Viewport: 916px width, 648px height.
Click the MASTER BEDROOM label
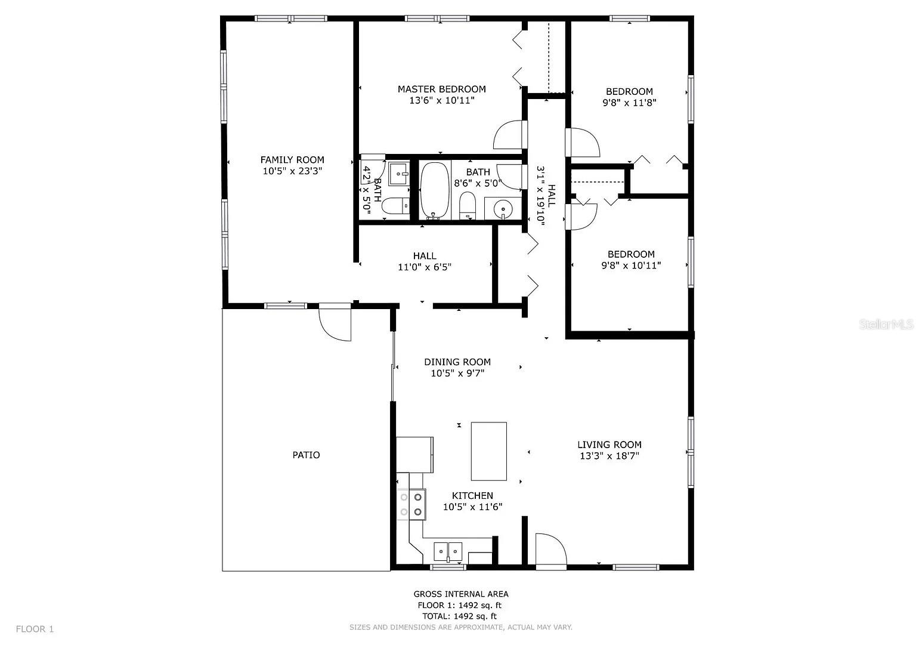point(441,90)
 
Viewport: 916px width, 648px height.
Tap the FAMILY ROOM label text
point(292,160)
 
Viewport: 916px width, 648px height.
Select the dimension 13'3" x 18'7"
point(609,456)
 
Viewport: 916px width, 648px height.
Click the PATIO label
point(306,455)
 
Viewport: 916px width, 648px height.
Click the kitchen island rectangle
point(489,451)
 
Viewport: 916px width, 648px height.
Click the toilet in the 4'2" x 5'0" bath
point(395,207)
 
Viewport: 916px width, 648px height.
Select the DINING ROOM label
point(457,362)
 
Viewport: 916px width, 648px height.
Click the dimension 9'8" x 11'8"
point(629,103)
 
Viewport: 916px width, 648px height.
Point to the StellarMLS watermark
point(886,325)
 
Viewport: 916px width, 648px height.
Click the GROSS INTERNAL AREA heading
point(461,594)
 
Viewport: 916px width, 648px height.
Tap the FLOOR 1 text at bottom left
point(35,629)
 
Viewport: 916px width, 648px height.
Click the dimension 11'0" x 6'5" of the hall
point(425,267)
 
